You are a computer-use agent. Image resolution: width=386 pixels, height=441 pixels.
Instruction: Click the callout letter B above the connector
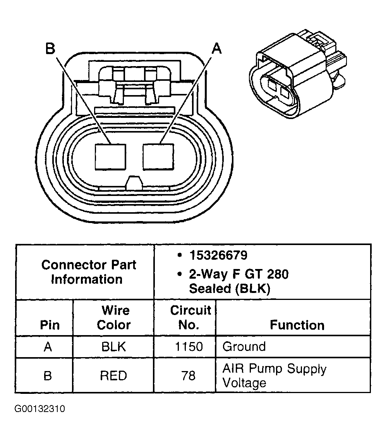coord(50,49)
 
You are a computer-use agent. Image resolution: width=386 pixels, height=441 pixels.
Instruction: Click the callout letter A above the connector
coord(217,49)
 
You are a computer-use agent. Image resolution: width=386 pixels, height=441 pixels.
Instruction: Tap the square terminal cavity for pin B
coord(110,157)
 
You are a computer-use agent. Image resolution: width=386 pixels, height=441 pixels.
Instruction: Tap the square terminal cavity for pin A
coord(158,157)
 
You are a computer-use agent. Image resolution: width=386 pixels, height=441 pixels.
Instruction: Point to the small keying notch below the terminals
coord(134,182)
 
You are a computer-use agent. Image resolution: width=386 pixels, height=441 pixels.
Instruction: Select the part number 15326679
coord(218,255)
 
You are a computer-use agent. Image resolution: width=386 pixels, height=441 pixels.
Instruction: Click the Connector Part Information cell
coord(89,272)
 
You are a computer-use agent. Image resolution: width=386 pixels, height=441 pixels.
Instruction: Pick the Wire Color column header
coord(113,317)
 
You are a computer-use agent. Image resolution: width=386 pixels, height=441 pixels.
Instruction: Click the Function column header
coord(297,325)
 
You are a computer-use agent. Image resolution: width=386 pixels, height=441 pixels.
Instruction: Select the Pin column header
coord(50,325)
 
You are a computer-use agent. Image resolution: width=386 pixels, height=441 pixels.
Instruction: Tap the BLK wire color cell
coord(113,346)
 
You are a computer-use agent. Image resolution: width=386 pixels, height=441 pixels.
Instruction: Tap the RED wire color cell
coord(113,375)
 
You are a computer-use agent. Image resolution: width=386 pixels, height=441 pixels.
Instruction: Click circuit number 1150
coord(189,346)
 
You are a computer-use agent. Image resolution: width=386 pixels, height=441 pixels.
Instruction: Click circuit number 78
coord(189,375)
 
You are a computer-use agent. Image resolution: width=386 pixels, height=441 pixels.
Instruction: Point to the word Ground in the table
coord(244,346)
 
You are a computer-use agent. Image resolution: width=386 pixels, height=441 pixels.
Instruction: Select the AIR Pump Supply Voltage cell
coord(274,376)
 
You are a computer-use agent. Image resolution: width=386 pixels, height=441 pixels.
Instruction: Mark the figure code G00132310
coord(40,409)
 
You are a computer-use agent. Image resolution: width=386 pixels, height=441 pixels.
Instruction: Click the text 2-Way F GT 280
coord(238,274)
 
